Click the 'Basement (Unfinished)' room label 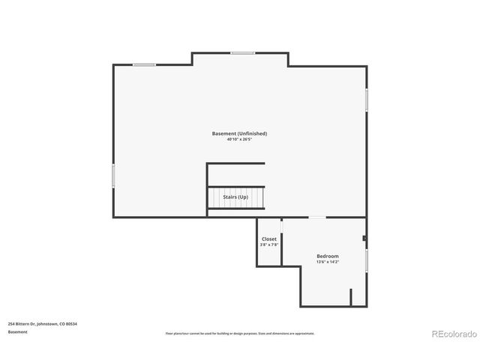pyautogui.click(x=239, y=133)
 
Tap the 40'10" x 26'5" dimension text pyautogui.click(x=239, y=139)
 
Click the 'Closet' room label pyautogui.click(x=268, y=239)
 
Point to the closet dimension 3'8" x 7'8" pyautogui.click(x=268, y=245)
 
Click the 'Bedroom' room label pyautogui.click(x=327, y=256)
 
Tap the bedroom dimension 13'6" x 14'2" pyautogui.click(x=327, y=262)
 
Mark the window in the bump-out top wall pyautogui.click(x=242, y=52)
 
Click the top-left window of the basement pyautogui.click(x=144, y=65)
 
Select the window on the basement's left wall pyautogui.click(x=113, y=176)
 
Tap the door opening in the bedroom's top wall pyautogui.click(x=318, y=217)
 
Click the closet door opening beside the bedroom pyautogui.click(x=281, y=227)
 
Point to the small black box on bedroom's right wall pyautogui.click(x=364, y=239)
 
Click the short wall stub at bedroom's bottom pyautogui.click(x=350, y=297)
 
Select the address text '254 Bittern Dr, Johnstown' pyautogui.click(x=43, y=323)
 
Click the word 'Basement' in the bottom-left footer pyautogui.click(x=18, y=331)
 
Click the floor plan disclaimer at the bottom pyautogui.click(x=239, y=333)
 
